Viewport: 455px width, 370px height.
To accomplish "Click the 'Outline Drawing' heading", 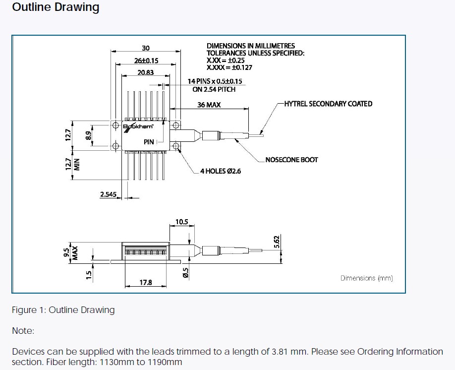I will (x=56, y=8).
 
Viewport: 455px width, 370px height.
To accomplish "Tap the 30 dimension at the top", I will (x=146, y=48).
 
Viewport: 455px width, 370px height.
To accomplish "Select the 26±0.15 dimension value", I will (x=146, y=61).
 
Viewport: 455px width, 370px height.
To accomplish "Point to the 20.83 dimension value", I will (x=146, y=72).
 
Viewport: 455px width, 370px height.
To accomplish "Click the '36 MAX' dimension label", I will (x=209, y=105).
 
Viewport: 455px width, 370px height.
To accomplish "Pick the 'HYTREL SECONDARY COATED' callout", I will (x=328, y=104).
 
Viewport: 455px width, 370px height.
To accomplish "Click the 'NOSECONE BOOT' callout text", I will (x=291, y=160).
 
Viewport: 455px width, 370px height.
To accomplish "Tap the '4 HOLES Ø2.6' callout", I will (x=221, y=172).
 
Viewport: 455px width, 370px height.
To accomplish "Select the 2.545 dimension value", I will (x=108, y=194).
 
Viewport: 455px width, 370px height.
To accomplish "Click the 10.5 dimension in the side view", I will (x=182, y=222).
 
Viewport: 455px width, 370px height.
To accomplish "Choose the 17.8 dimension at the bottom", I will (x=146, y=283).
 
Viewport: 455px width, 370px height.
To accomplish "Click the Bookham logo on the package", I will (x=134, y=127).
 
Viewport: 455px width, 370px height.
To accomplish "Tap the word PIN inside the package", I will (x=149, y=142).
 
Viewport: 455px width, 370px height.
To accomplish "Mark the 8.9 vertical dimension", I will (x=88, y=134).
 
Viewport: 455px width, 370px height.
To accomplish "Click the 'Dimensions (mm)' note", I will (x=366, y=278).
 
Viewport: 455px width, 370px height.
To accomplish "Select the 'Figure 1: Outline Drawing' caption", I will (x=63, y=310).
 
